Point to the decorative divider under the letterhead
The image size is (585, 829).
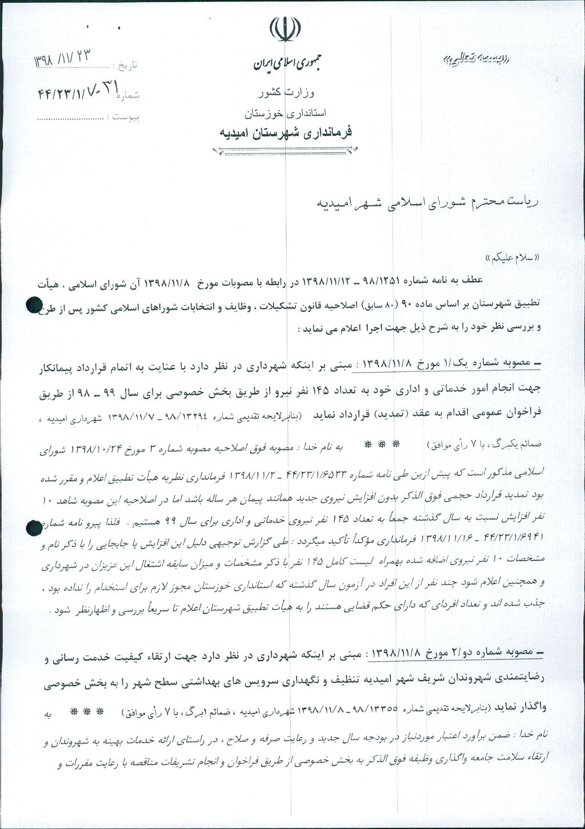click(285, 150)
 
